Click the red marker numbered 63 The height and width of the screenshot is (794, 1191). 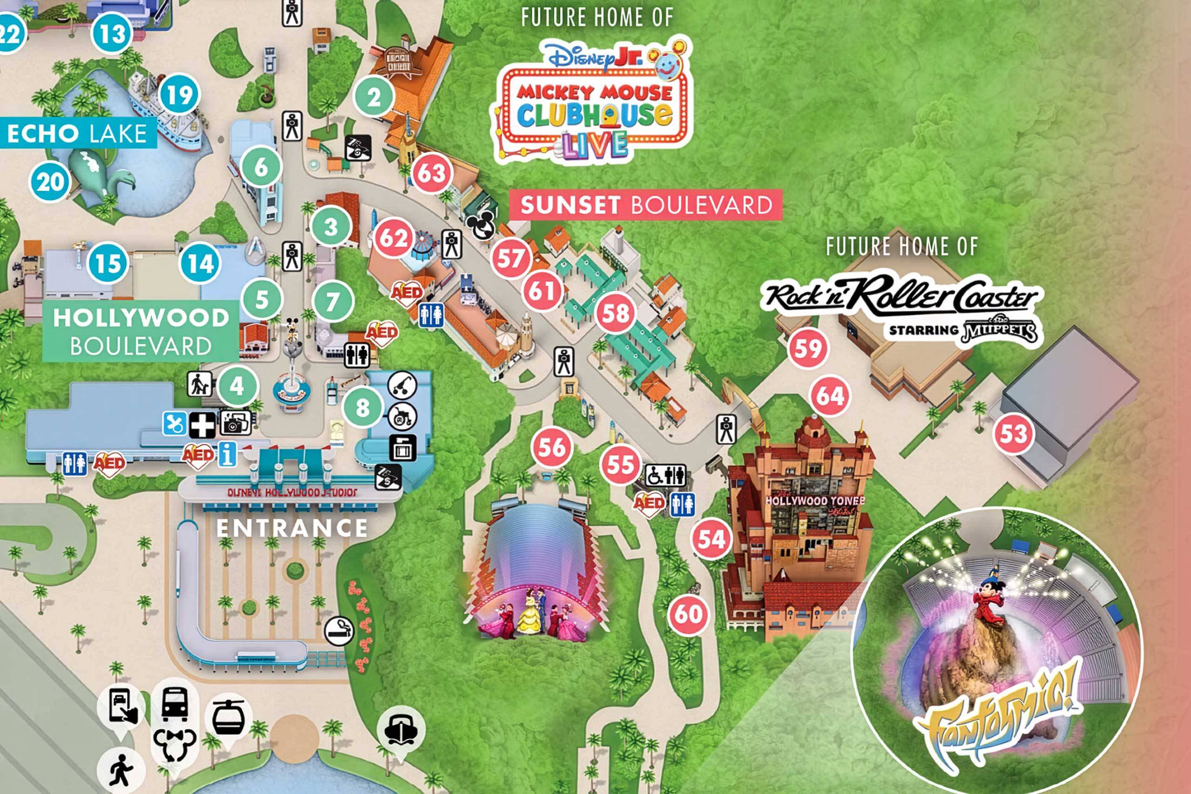click(x=431, y=173)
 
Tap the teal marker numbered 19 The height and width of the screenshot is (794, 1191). click(x=179, y=95)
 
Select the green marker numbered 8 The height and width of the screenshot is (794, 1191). click(x=362, y=407)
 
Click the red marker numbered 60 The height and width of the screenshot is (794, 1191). click(x=688, y=615)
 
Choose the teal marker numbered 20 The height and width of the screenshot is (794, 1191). click(x=50, y=182)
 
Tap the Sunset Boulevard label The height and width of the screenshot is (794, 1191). click(x=646, y=205)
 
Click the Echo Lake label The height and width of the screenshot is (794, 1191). click(x=77, y=133)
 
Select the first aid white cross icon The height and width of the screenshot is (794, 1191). click(x=202, y=424)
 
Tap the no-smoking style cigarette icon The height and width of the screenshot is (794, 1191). click(x=339, y=631)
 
